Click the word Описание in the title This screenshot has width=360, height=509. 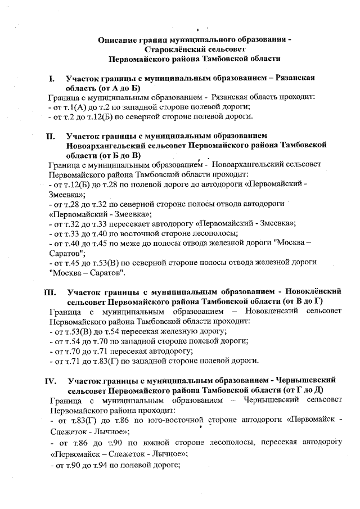pos(119,40)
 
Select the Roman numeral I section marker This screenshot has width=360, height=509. pos(51,79)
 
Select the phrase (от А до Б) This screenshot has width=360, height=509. pos(115,88)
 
